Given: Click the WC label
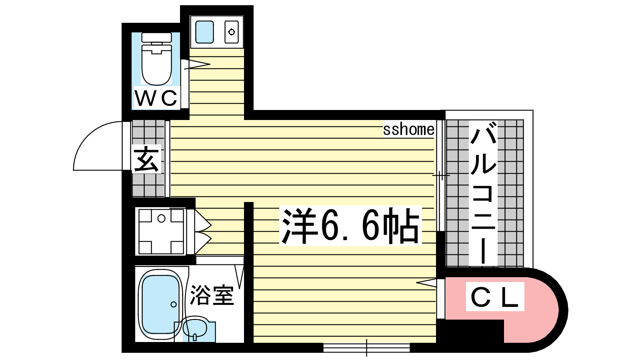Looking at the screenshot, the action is point(156,98).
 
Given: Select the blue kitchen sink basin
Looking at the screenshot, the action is point(204,32).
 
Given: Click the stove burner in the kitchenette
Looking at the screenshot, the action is point(232,32).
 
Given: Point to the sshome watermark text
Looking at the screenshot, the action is point(408,130).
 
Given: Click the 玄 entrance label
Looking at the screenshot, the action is point(146,159).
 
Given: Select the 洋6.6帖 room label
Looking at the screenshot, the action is point(350,226).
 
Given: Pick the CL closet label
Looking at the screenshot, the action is point(494,297).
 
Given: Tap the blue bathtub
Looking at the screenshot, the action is point(160,304).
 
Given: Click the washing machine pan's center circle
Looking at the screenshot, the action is point(162,219).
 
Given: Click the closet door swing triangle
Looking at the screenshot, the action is point(426,282).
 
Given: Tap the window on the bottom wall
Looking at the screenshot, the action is point(366,348).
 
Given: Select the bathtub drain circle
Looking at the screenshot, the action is point(174,304).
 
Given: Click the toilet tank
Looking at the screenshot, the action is point(156,38).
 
